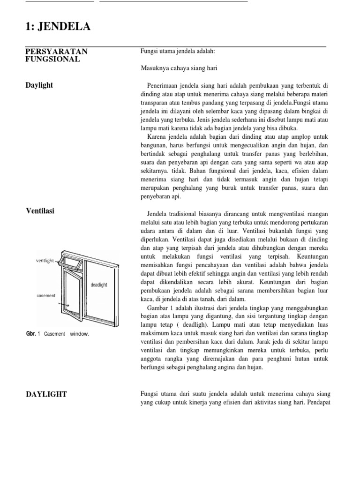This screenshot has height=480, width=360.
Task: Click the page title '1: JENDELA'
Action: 58,27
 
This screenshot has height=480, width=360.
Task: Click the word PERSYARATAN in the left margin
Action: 56,51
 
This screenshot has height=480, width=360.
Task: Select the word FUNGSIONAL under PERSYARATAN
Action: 52,60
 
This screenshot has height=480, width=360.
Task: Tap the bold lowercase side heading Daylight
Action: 39,85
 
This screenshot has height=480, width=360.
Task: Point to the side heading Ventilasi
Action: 40,211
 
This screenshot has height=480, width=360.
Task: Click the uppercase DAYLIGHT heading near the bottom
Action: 46,395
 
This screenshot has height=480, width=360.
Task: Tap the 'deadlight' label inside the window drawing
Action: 99,285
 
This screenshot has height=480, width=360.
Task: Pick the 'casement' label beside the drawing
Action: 46,296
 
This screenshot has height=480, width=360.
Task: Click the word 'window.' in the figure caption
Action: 79,334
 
